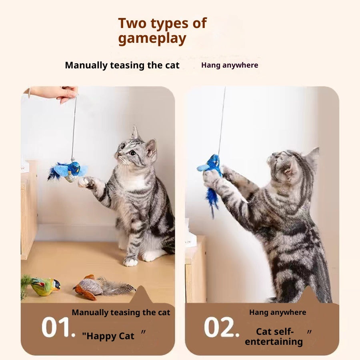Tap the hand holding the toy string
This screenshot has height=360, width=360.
[x=56, y=93]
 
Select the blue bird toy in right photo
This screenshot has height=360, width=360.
[x=211, y=165]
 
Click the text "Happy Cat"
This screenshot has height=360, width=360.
[x=108, y=336]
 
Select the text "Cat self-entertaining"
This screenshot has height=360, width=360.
[x=274, y=336]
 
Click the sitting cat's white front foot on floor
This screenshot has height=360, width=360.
[x=130, y=262]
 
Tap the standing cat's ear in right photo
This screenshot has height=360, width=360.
[x=312, y=157]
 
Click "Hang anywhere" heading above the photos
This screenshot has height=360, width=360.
[x=230, y=65]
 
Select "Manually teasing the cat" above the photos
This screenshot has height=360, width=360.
[x=122, y=65]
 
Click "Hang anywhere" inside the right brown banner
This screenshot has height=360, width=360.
[x=277, y=312]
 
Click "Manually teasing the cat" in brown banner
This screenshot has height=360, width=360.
[x=121, y=312]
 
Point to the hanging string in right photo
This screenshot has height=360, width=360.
[x=222, y=120]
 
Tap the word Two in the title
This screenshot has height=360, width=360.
[x=133, y=23]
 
